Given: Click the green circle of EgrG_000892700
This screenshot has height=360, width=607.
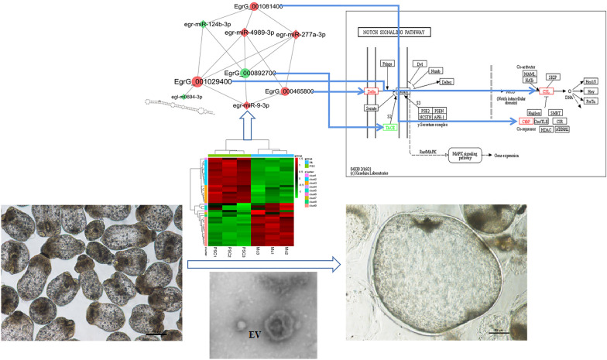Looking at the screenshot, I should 245,74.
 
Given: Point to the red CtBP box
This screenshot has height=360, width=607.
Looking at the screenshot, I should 526,121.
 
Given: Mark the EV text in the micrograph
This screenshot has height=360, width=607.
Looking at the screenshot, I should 253,334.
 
